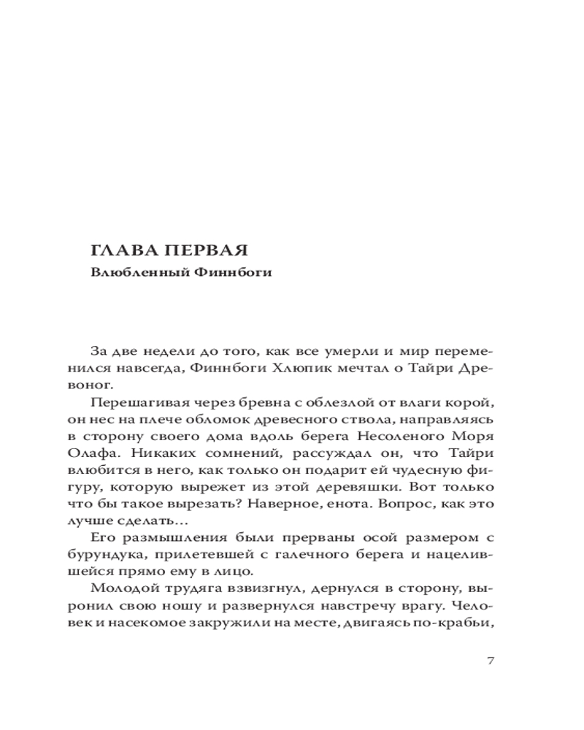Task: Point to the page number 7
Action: click(490, 661)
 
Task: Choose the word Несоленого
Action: click(401, 436)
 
